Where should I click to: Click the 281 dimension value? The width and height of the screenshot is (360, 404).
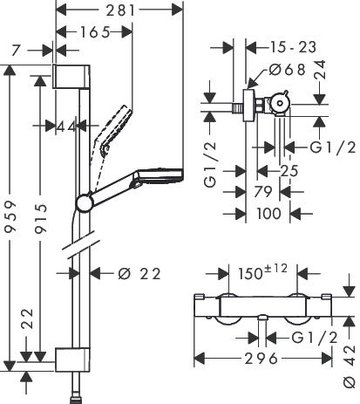coord(120,10)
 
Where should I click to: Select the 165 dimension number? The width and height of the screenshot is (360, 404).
coord(95,32)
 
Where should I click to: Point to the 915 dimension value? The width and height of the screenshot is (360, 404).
coord(40,219)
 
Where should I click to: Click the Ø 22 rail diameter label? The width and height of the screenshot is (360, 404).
coord(139,274)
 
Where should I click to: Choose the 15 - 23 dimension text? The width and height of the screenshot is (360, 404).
coord(293,47)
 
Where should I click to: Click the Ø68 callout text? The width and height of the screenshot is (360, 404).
coord(287,70)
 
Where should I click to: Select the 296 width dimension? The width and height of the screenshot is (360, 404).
coord(262,359)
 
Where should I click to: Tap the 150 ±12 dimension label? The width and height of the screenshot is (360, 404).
coord(262,271)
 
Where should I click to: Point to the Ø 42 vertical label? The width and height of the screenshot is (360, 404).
coord(350,366)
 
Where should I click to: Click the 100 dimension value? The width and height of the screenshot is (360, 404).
coord(268,214)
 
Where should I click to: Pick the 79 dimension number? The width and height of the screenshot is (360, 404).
coord(263,192)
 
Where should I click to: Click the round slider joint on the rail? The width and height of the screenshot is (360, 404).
coord(85,203)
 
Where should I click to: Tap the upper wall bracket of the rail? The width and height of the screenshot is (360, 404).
coord(71,77)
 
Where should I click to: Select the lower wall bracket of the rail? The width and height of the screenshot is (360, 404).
coord(72,359)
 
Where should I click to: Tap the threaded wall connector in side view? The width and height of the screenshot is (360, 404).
coord(238,108)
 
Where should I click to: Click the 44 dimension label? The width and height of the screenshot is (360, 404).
coord(66,127)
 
